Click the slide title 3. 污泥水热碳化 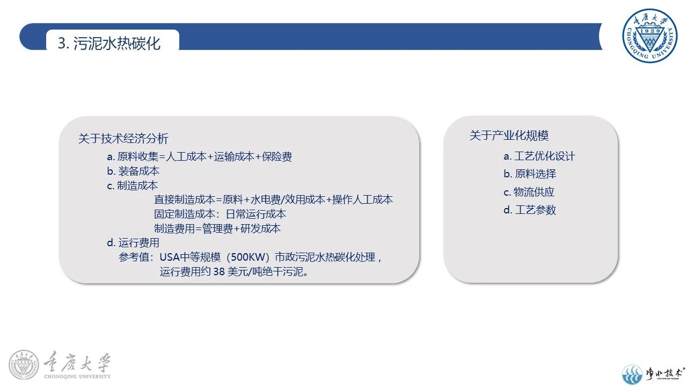tap(109, 44)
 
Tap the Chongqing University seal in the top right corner tap(650, 35)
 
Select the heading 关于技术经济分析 tap(123, 139)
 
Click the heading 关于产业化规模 tap(509, 135)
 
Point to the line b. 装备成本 tap(133, 171)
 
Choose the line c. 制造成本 tap(133, 185)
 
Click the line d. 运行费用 tap(133, 243)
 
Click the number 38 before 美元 tap(219, 271)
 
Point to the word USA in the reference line tap(170, 257)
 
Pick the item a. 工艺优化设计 tap(539, 156)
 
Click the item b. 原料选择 tap(530, 174)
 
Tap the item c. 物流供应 tap(529, 192)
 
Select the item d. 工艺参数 tap(530, 210)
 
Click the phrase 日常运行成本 tap(256, 214)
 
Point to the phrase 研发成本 tap(261, 228)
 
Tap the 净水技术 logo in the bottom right tap(654, 374)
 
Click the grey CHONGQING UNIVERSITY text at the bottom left tap(77, 376)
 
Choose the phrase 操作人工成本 tap(362, 199)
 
